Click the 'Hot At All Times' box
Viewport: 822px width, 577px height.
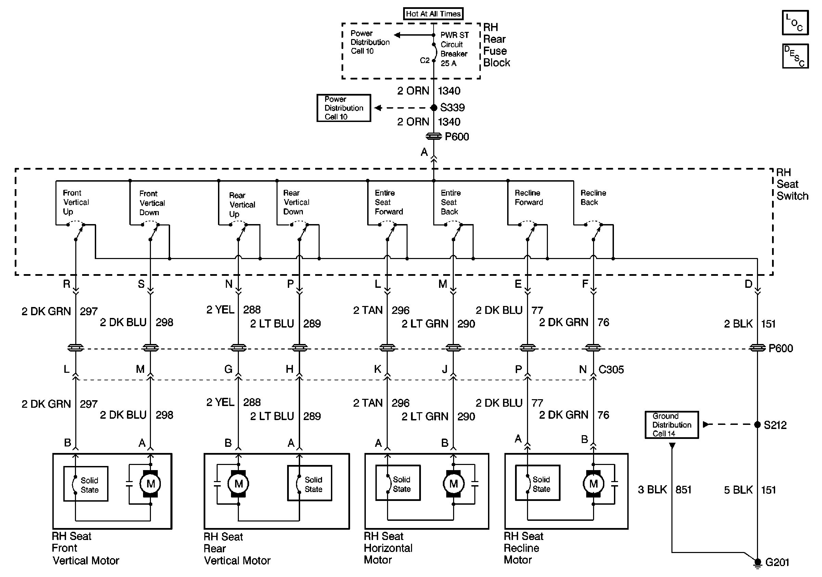coord(433,14)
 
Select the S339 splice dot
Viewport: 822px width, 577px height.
coord(434,108)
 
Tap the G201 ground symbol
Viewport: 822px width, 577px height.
coord(757,564)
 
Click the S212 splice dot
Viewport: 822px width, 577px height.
coord(757,425)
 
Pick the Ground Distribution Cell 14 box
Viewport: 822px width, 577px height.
coord(672,425)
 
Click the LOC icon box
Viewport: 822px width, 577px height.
coord(795,23)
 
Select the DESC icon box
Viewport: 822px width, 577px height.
coord(795,56)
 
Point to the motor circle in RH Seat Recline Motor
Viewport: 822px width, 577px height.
coord(594,484)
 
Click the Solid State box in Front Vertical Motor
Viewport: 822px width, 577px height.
coord(86,483)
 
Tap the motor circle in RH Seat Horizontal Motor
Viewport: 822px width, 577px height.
coord(453,484)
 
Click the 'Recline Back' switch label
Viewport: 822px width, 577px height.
coord(593,197)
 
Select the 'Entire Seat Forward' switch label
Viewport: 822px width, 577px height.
coord(389,202)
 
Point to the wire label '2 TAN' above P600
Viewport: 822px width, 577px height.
coord(368,310)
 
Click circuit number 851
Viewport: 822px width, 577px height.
coord(683,490)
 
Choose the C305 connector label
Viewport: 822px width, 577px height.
coord(611,369)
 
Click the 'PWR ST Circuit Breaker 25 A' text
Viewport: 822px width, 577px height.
coord(454,49)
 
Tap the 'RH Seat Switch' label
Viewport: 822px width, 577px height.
coord(792,184)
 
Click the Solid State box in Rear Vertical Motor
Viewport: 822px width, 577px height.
coord(310,483)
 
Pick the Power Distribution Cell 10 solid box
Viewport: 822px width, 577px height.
coord(344,108)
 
